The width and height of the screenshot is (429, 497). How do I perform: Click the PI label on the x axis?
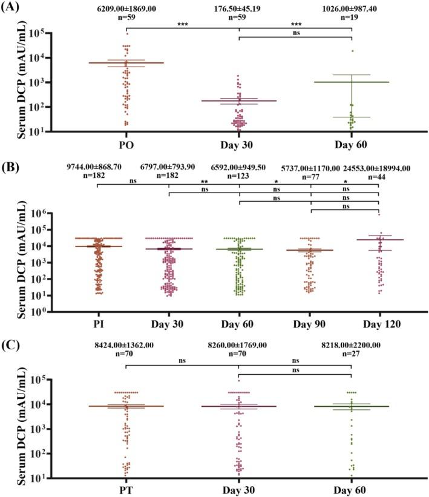tap(96, 324)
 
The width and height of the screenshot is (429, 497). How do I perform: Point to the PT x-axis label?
tap(126, 489)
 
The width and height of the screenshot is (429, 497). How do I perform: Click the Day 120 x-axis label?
tap(378, 324)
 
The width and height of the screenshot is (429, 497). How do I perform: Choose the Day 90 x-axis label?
tap(310, 324)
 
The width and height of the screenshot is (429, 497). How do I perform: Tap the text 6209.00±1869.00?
tap(126, 9)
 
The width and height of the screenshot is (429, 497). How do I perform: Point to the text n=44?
tap(378, 176)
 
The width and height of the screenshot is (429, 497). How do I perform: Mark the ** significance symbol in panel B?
tap(205, 182)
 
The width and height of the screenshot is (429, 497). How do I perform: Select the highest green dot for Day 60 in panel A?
tap(352, 51)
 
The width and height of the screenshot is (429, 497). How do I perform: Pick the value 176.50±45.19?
tap(240, 9)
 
